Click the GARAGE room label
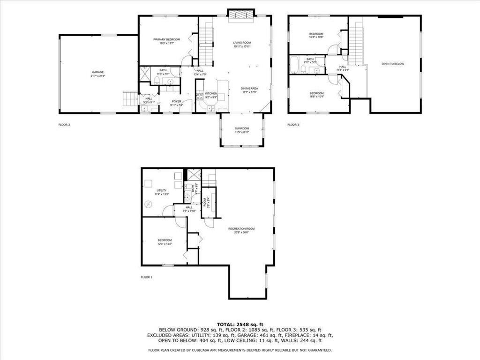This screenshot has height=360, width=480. tap(98, 72)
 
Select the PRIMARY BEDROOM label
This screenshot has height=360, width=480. tap(166, 39)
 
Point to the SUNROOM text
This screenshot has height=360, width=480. tap(242, 128)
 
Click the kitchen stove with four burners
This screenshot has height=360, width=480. tap(199, 97)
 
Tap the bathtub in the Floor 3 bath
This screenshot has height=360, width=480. tap(294, 65)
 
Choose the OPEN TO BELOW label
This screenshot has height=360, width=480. tap(392, 64)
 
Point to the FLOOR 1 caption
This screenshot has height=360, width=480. tap(147, 277)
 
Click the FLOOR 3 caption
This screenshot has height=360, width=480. tap(293, 125)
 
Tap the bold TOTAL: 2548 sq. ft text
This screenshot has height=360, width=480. tap(240, 324)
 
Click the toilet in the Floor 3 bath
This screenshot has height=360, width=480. tap(304, 70)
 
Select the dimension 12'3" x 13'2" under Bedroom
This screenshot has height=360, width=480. tap(165, 244)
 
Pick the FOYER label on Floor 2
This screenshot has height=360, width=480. tap(176, 101)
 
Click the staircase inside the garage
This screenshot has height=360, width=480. tap(129, 98)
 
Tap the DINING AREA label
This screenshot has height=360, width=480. tap(249, 88)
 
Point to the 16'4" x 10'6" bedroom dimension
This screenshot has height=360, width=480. tap(316, 37)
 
